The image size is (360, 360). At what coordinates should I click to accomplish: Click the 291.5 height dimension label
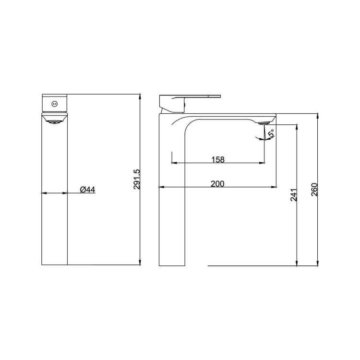pos(136,180)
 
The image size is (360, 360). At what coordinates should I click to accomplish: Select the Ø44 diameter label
pos(87,190)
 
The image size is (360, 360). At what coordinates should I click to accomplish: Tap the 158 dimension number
pos(218,159)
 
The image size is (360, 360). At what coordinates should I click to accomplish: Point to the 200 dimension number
pos(217,184)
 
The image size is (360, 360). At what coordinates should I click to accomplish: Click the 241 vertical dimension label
pos(294,195)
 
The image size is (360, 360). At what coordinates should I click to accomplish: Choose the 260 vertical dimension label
pos(314,190)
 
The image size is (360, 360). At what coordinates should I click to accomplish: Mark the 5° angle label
pos(271,133)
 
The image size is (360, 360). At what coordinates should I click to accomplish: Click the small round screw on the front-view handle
pos(55,104)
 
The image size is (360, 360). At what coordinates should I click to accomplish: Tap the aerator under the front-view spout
pos(54,122)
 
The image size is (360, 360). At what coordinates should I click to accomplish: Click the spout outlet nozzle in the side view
pos(263,123)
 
